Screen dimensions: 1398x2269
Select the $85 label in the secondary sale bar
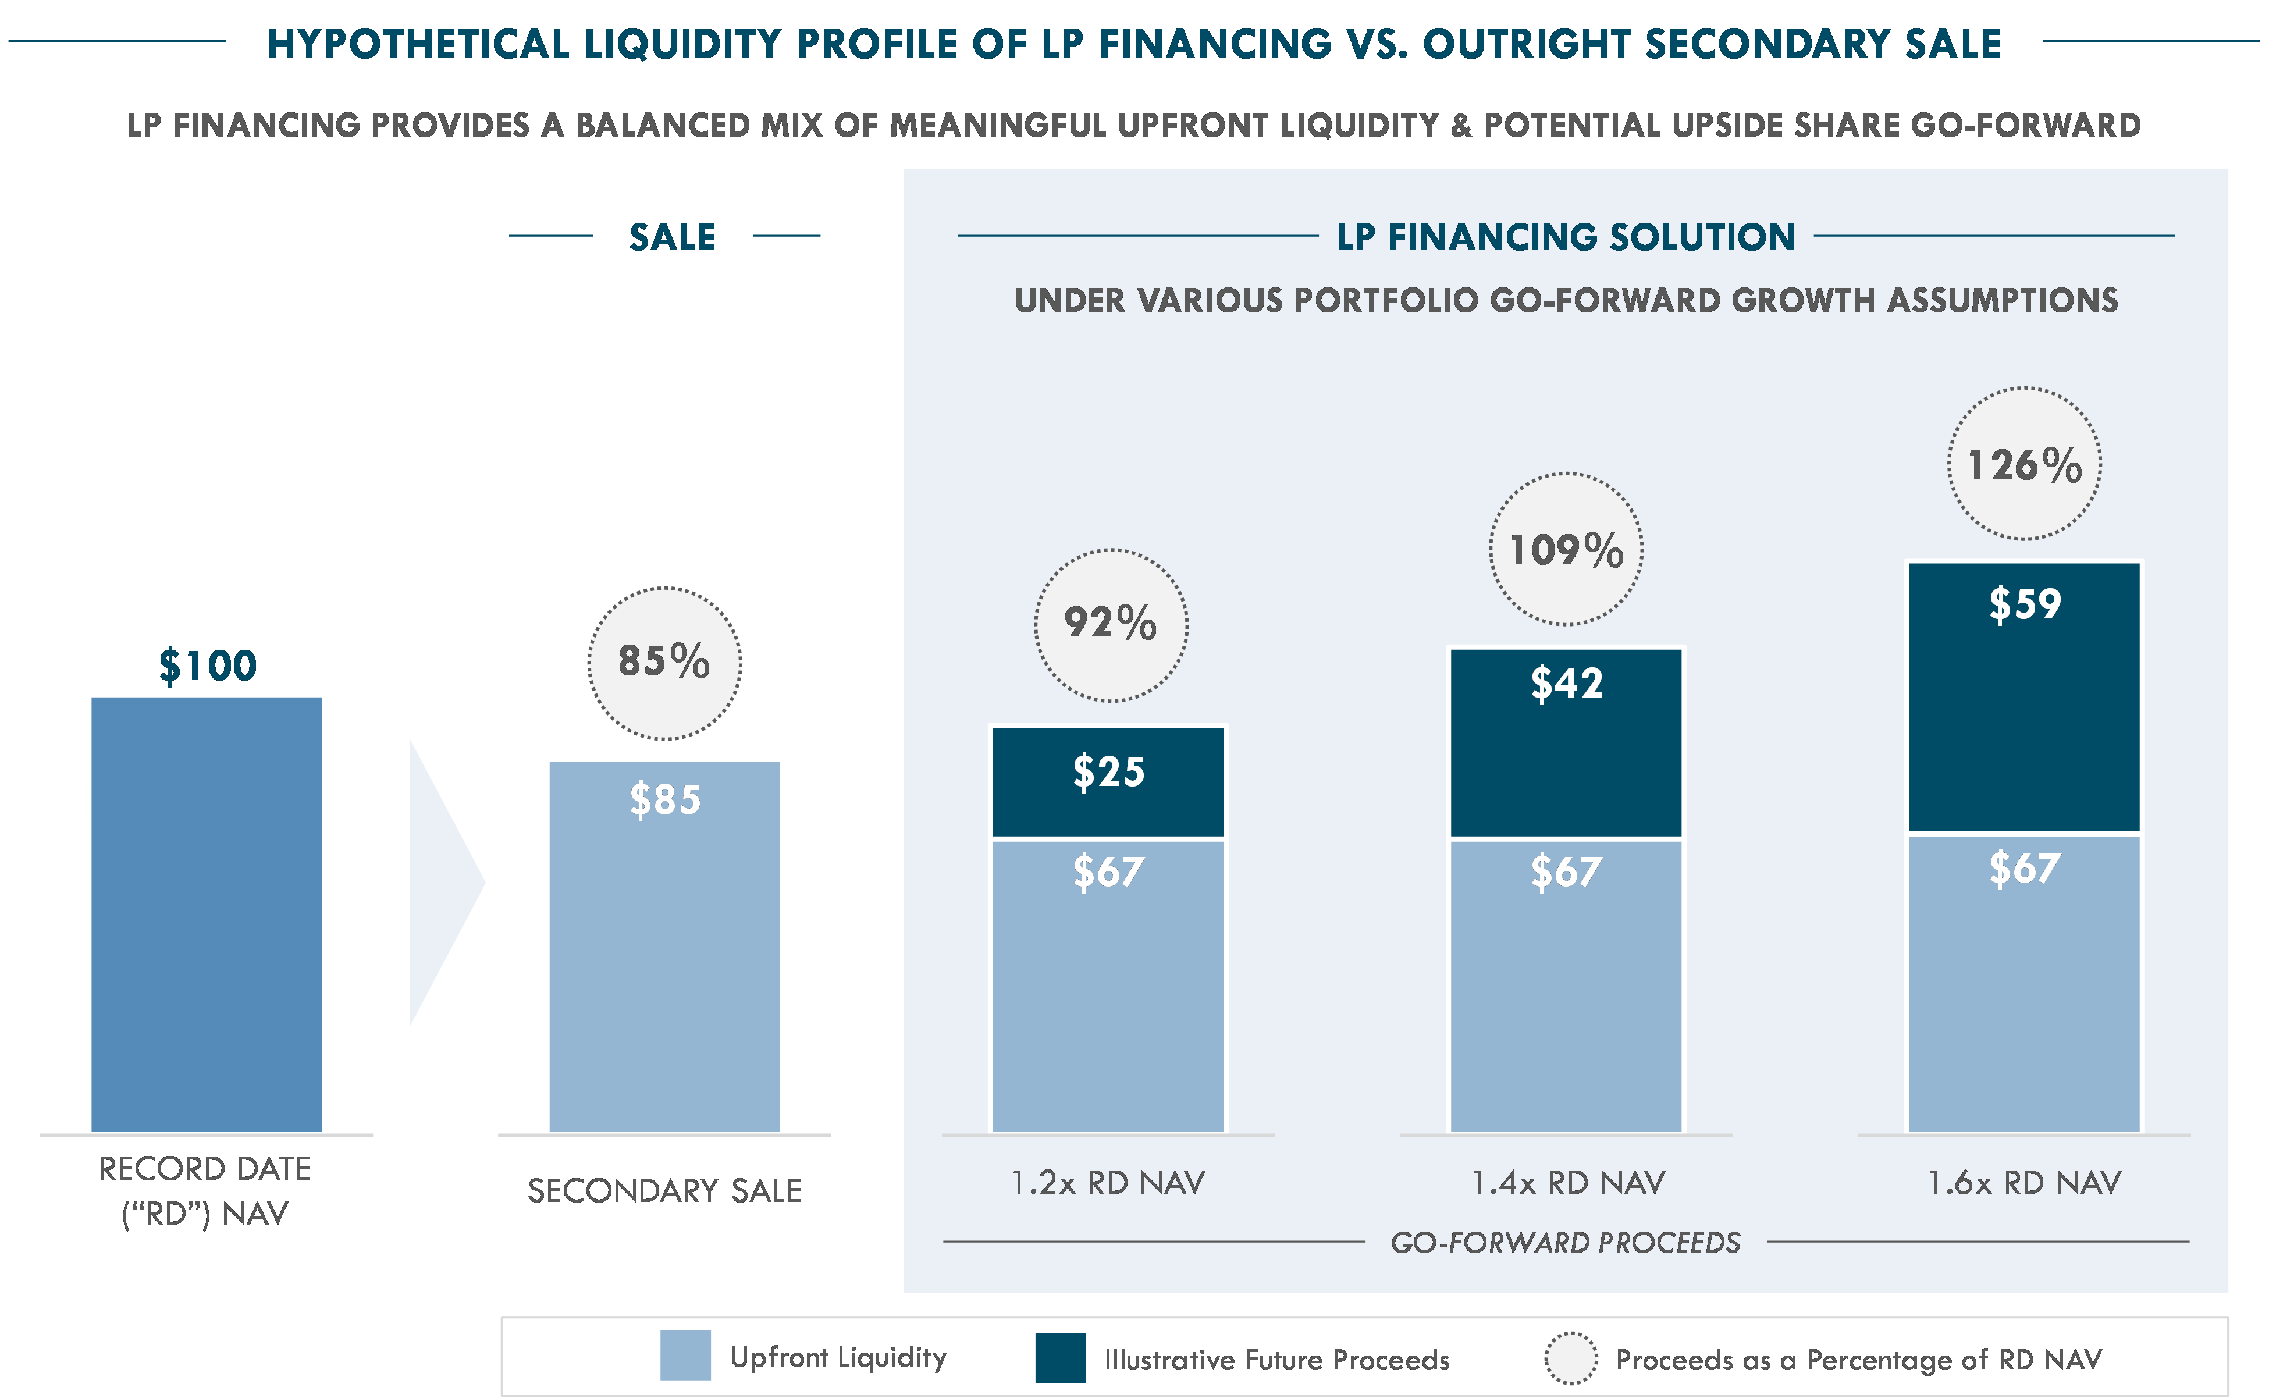(x=665, y=800)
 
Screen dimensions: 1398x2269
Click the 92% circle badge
(x=1111, y=625)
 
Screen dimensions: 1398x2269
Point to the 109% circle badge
(x=1566, y=549)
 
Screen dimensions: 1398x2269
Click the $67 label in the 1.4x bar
(x=1566, y=872)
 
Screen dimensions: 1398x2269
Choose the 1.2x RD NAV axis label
(x=1108, y=1183)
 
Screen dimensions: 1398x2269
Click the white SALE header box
(x=672, y=236)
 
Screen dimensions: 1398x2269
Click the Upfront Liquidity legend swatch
(x=685, y=1356)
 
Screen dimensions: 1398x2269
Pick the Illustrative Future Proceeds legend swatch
(x=1059, y=1357)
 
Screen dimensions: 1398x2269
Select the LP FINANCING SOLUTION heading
(x=1566, y=237)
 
